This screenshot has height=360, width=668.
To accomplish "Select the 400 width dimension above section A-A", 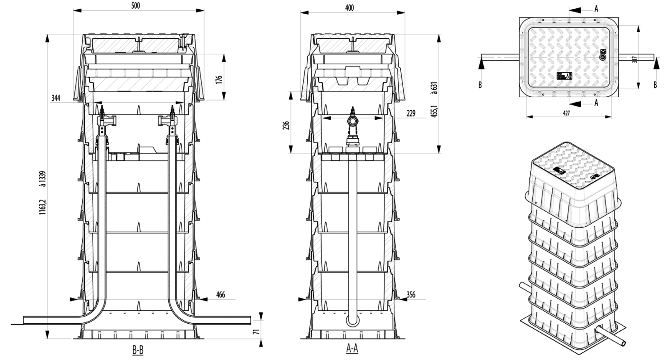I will pos(350,8).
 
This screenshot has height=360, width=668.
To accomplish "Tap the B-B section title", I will pos(138,350).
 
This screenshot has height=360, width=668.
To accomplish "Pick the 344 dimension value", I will pos(56,98).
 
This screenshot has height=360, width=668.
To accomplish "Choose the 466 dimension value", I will pos(220,295).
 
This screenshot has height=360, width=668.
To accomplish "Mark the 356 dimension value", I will pos(411,295).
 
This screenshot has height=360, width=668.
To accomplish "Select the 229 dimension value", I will pos(411,113).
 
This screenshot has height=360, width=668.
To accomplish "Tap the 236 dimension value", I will pos(286,126).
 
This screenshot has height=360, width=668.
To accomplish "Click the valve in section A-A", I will pos(353,121).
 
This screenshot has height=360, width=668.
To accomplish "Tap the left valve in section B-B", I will pos(103,120).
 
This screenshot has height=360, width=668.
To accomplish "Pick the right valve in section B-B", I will pos(170,120).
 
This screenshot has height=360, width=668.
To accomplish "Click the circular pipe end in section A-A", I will pos(353,321).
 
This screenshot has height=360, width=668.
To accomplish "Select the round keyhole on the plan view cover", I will pos(602,57).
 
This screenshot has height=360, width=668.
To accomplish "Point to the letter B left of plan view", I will pos(480,85).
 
